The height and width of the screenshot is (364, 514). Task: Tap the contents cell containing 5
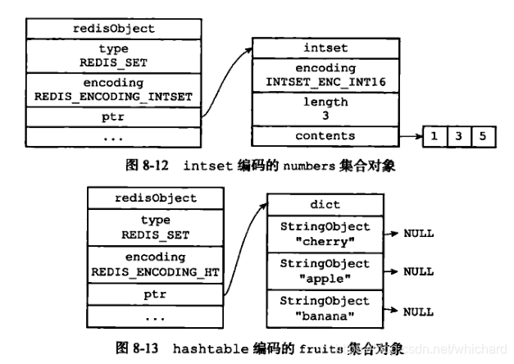483,136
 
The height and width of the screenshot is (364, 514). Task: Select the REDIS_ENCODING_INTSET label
113,97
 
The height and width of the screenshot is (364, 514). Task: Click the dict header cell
325,205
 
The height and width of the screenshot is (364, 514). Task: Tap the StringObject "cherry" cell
325,233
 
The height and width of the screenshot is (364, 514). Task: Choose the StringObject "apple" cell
325,271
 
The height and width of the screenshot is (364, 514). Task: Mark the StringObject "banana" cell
325,308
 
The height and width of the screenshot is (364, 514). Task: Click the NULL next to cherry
418,234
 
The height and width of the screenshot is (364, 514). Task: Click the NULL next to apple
418,271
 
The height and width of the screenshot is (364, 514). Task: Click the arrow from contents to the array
408,136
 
